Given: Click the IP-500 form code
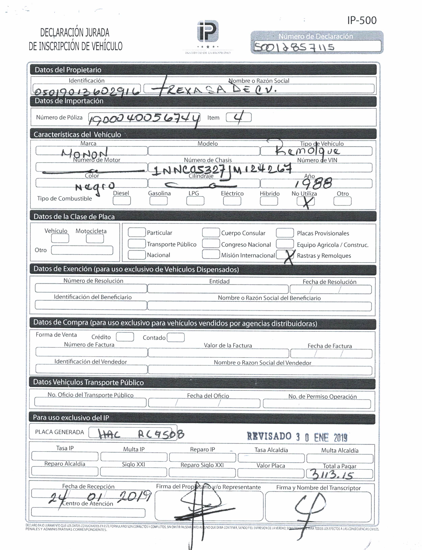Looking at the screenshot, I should point(362,20).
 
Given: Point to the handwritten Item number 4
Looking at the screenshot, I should point(238,117).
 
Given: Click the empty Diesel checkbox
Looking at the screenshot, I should point(122,201).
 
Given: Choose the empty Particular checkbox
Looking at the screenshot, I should point(137,232).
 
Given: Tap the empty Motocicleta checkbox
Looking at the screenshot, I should point(95,239).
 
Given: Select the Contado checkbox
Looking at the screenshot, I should point(176,337).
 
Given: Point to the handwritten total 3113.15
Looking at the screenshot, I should point(332,474).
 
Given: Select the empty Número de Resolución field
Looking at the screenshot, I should point(91,288).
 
